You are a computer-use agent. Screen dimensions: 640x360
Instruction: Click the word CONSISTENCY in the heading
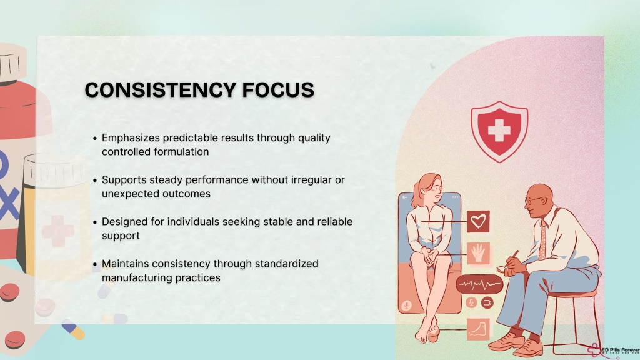pos(160,90)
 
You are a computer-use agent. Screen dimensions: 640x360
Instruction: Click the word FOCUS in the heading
pos(278,90)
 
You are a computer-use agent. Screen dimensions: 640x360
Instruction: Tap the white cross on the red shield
pos(499,131)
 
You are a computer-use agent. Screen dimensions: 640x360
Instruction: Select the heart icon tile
pos(478,222)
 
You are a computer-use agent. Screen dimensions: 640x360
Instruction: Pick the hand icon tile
pos(478,253)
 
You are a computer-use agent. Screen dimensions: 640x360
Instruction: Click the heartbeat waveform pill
pos(479,284)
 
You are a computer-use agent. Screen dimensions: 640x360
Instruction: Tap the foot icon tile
pos(478,329)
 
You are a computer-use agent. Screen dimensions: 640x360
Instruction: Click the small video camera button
pos(487,303)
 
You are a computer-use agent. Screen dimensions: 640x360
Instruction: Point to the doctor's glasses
pos(535,201)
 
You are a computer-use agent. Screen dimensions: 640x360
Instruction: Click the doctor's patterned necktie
pos(542,240)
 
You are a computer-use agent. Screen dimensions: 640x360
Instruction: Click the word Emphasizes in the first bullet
pos(131,138)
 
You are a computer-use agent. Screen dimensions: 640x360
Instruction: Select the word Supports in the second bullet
pos(124,180)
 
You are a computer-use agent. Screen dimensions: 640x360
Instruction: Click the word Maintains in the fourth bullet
pos(125,264)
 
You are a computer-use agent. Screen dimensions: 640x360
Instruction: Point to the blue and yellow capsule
pos(74,330)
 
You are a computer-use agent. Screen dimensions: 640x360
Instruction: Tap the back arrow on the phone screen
pos(404,197)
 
